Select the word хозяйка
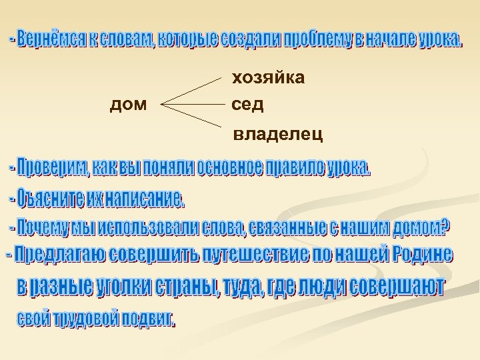pyautogui.click(x=268, y=79)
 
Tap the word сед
pyautogui.click(x=248, y=105)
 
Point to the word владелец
pyautogui.click(x=278, y=135)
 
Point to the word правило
pyautogui.click(x=293, y=168)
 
